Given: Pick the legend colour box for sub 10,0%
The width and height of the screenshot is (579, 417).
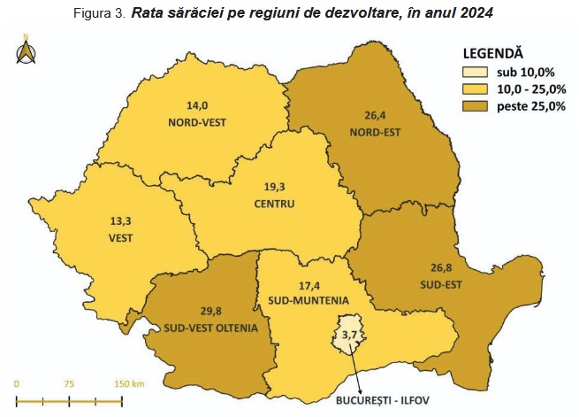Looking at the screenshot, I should coord(478,72).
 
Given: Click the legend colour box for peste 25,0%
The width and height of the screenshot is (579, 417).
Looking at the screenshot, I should coord(478,106).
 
